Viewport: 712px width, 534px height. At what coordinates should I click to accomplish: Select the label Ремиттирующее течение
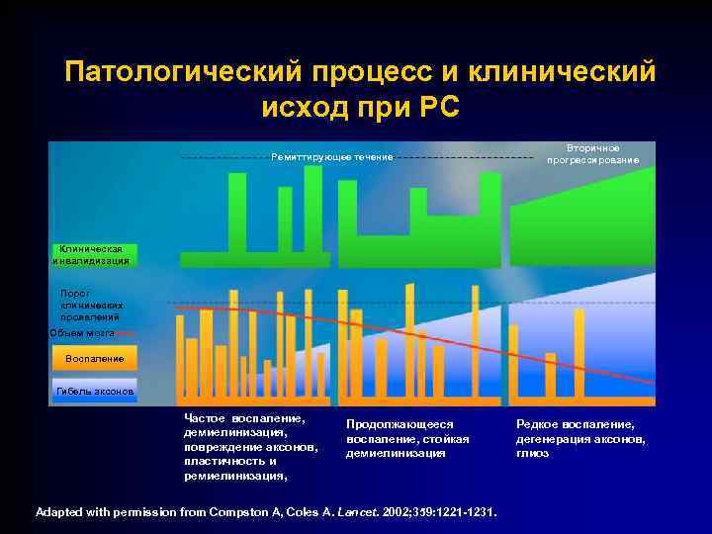[332, 157]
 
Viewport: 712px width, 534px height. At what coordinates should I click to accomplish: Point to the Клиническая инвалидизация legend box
[91, 254]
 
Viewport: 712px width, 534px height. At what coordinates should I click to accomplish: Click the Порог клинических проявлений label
[91, 306]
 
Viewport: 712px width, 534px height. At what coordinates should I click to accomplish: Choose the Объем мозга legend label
[83, 333]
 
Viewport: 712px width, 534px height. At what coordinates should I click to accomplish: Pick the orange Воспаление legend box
[94, 358]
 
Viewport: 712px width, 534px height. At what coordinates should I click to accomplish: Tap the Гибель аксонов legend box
[94, 393]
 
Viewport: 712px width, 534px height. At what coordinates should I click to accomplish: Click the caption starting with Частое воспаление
[250, 446]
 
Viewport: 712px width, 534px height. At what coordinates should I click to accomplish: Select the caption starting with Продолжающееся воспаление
[407, 438]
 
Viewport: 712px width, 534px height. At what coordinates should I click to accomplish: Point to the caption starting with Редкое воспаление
[581, 438]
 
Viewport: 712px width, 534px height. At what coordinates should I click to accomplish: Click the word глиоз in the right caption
[533, 453]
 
